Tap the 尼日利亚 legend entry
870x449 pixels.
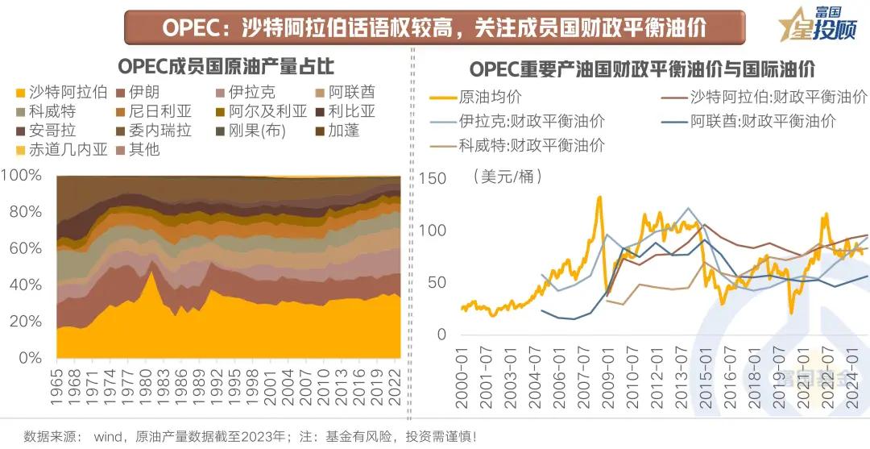(148, 111)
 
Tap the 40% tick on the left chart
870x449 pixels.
(25, 285)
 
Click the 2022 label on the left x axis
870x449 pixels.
(395, 386)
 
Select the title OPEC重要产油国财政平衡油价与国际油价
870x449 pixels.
(641, 67)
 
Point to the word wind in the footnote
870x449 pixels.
(107, 437)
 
